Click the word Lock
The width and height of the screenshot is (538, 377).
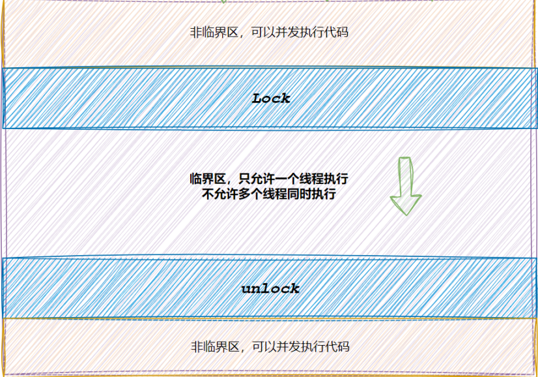pyautogui.click(x=271, y=98)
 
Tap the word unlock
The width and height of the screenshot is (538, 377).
pyautogui.click(x=270, y=288)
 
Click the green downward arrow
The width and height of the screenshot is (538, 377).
pyautogui.click(x=405, y=185)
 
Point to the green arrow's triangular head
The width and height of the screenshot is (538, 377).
pyautogui.click(x=405, y=204)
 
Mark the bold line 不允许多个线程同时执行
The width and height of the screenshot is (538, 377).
pyautogui.click(x=270, y=194)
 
